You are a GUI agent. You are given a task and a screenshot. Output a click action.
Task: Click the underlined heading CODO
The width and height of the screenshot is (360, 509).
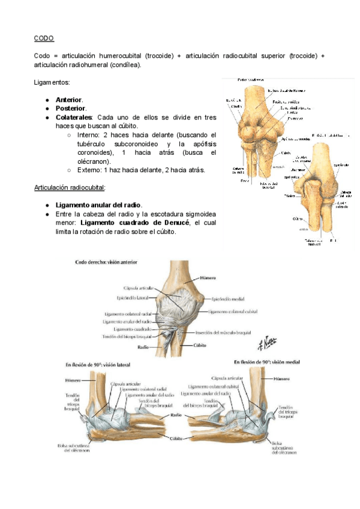click(x=44, y=38)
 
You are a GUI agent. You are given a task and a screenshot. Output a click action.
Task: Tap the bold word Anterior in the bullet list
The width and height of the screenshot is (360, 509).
click(x=69, y=100)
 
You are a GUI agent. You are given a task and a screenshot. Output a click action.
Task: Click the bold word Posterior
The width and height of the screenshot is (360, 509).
click(x=70, y=108)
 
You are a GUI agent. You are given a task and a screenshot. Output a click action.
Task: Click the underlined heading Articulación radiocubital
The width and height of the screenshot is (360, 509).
click(x=69, y=187)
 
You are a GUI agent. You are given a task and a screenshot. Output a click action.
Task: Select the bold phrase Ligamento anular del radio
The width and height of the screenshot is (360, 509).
click(x=98, y=205)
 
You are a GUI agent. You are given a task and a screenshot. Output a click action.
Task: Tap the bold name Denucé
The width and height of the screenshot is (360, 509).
click(x=173, y=223)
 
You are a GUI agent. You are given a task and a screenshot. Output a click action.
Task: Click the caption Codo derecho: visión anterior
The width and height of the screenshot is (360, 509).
click(x=106, y=262)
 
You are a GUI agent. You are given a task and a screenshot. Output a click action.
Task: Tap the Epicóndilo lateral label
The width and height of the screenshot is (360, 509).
click(x=136, y=297)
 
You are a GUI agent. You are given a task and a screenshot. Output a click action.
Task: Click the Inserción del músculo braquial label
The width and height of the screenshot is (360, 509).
click(x=223, y=333)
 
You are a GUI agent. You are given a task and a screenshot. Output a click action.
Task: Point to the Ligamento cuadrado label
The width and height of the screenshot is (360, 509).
click(x=131, y=330)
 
